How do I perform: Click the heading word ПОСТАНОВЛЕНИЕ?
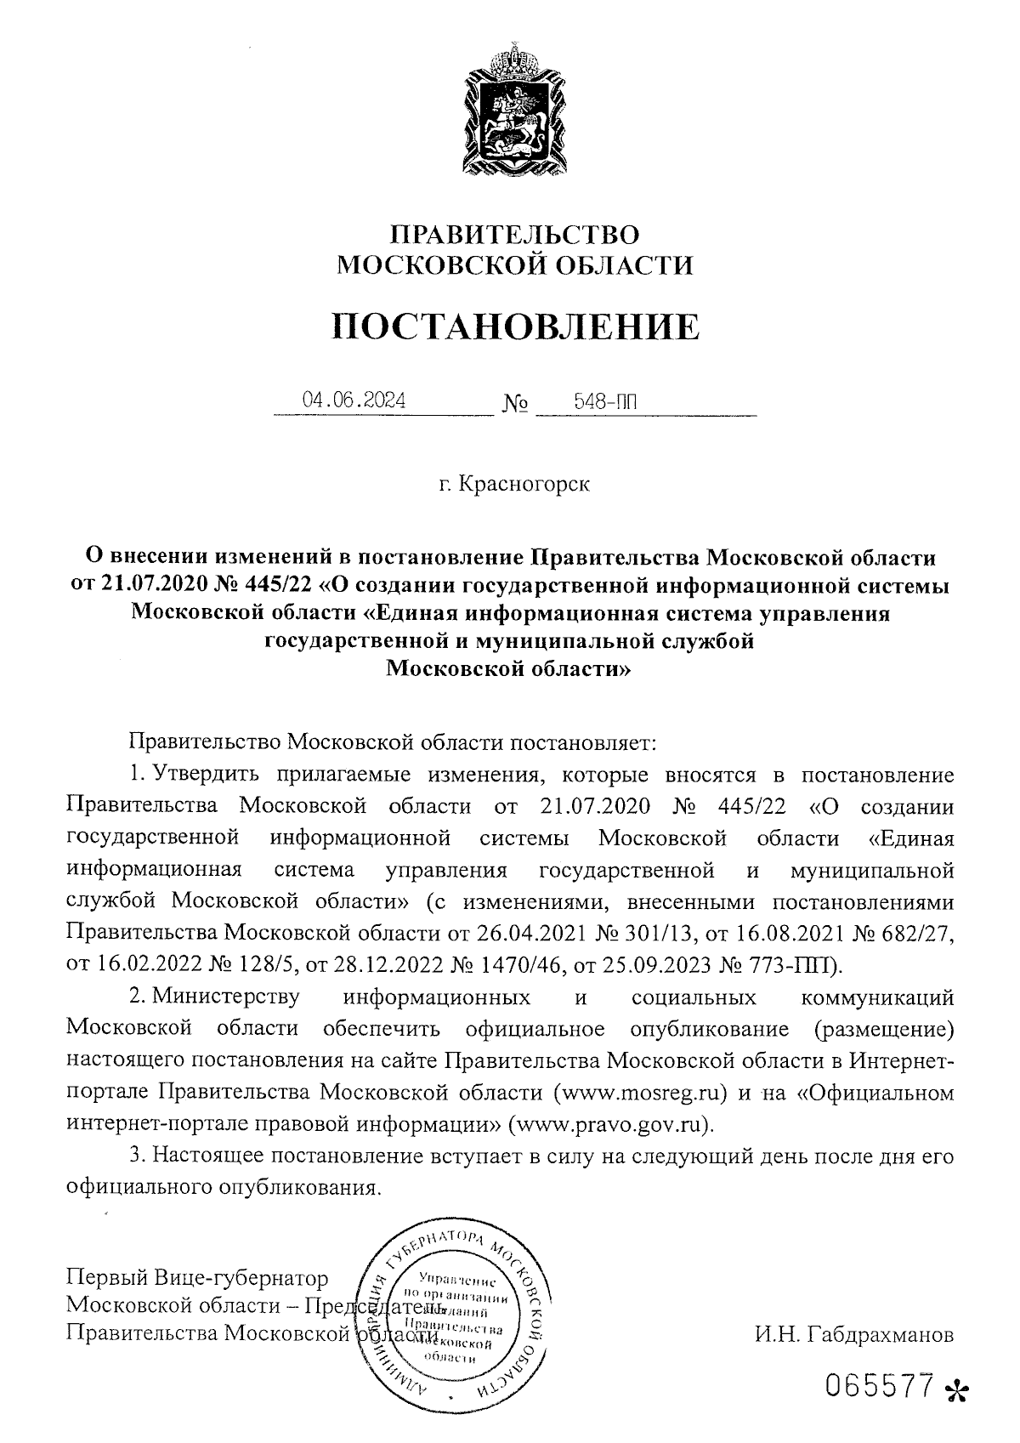click(x=516, y=327)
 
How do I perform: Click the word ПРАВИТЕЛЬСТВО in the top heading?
click(x=514, y=235)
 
